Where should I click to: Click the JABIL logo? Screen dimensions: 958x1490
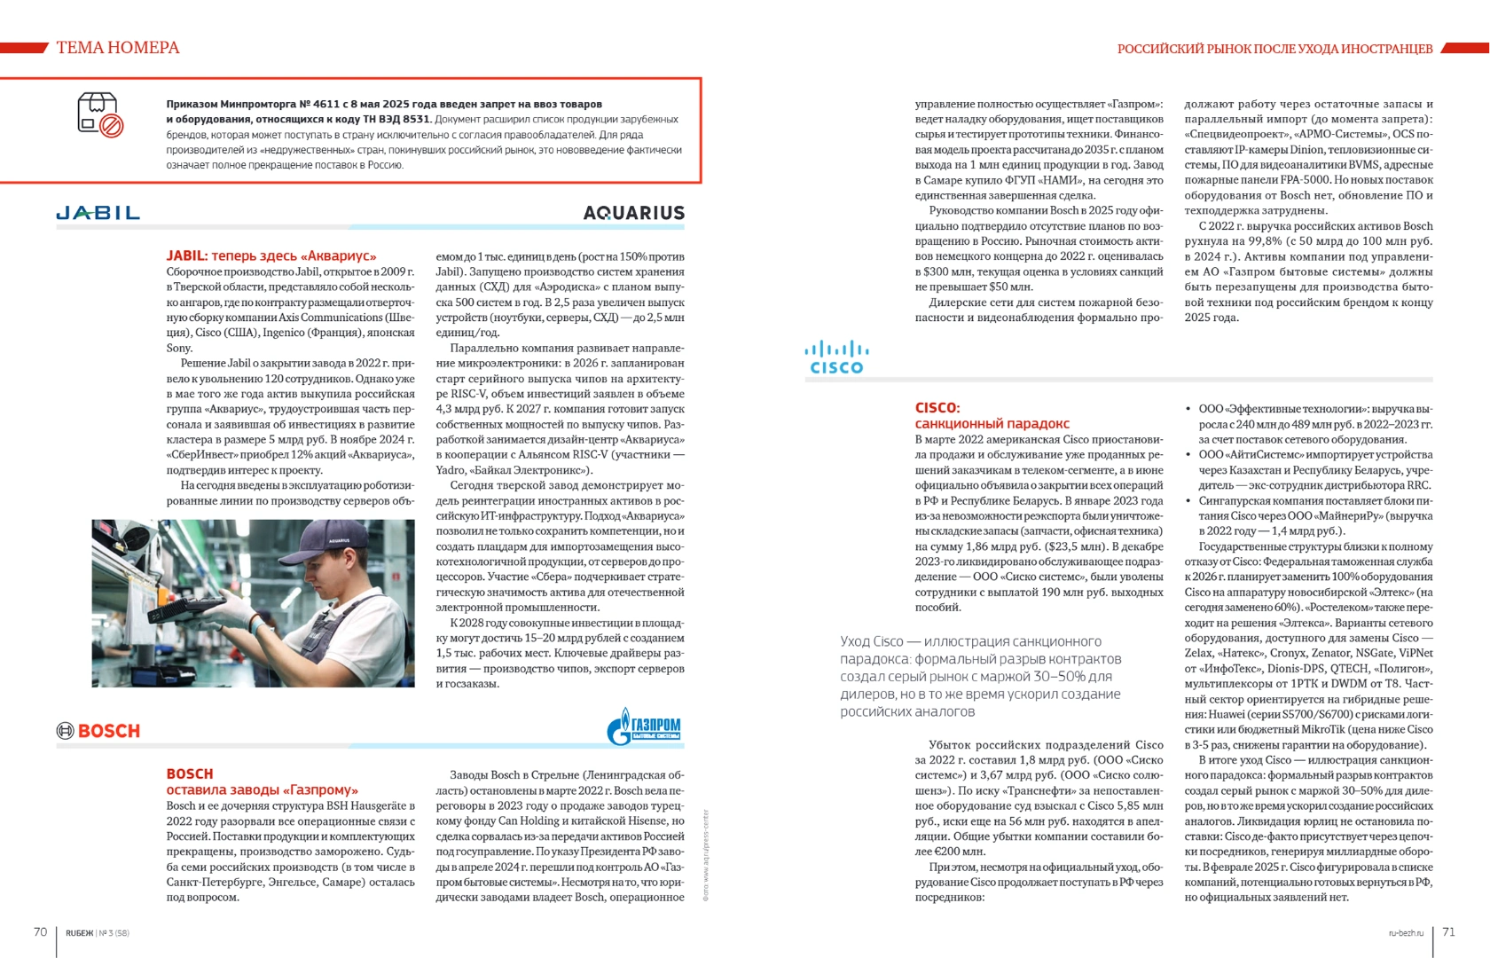(x=98, y=213)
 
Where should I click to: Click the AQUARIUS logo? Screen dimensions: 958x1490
(x=633, y=213)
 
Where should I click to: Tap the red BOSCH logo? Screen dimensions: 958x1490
(x=98, y=731)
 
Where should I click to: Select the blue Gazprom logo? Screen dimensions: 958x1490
(x=644, y=728)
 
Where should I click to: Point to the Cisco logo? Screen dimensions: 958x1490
(x=836, y=357)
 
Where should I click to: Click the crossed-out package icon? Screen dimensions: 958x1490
(x=99, y=115)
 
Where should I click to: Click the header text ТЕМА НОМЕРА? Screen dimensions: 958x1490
(x=118, y=48)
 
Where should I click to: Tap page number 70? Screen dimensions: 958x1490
(x=40, y=931)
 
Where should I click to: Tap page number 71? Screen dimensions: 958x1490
(x=1448, y=931)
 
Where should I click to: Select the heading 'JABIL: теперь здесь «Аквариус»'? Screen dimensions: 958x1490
(x=271, y=255)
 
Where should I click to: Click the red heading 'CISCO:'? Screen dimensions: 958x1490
(x=937, y=407)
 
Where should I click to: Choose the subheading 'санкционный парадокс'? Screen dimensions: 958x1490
(x=992, y=423)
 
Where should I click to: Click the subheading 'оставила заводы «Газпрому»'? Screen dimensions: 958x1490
(x=262, y=789)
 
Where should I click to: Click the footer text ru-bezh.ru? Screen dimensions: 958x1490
(x=1406, y=933)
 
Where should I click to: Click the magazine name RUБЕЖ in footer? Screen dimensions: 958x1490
(x=79, y=933)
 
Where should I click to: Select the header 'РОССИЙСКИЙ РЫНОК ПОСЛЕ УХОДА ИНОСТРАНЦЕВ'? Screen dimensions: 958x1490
(x=1274, y=49)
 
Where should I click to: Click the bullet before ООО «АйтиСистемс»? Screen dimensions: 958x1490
(x=1188, y=455)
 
